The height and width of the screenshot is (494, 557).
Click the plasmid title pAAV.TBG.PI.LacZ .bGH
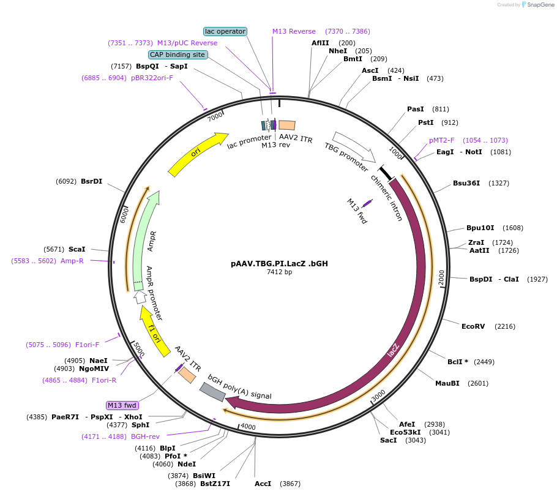pos(279,264)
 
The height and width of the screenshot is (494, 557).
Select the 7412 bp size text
pos(279,272)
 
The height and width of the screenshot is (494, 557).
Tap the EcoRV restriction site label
pos(473,326)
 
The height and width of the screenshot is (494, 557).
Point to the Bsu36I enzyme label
pos(466,183)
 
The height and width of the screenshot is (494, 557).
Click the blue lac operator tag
pos(225,31)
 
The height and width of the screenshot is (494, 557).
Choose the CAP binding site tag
pos(178,54)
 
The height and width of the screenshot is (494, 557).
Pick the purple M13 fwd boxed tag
pos(122,405)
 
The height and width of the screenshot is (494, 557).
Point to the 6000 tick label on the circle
pos(124,214)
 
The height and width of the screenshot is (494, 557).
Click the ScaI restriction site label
pos(77,249)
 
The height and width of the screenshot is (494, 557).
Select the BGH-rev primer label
pos(145,436)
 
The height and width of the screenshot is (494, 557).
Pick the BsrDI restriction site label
pos(92,181)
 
